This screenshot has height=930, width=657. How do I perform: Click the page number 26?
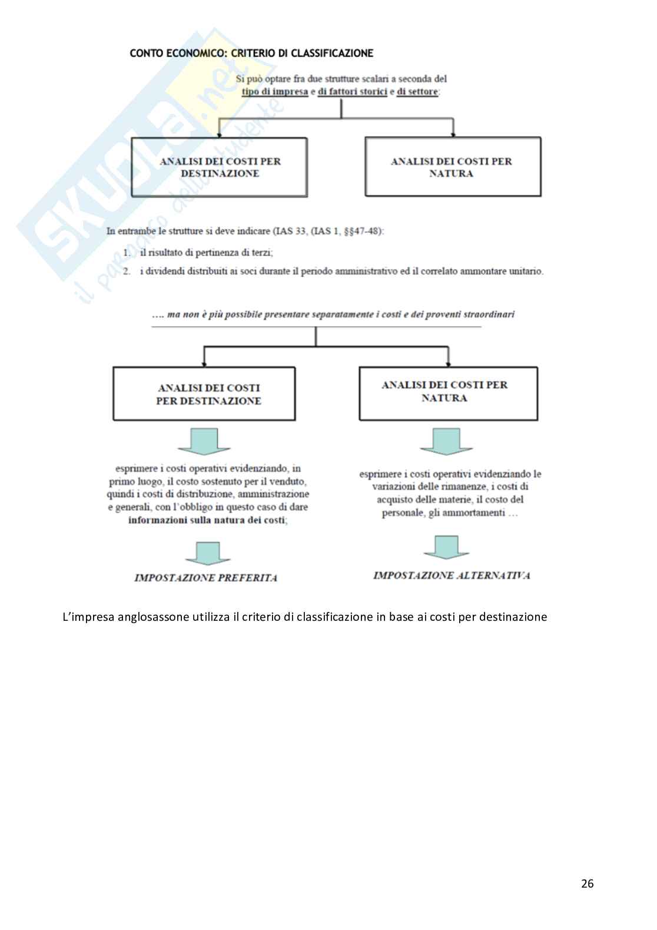click(x=587, y=883)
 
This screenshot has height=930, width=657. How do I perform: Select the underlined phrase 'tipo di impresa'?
click(x=275, y=92)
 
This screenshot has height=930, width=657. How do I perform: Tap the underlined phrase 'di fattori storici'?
click(x=351, y=92)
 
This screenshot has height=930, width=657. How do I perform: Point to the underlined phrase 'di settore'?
click(x=417, y=92)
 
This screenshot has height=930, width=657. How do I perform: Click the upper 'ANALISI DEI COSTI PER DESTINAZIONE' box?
click(x=219, y=167)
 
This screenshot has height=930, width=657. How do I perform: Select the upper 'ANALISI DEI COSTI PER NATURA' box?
click(x=452, y=167)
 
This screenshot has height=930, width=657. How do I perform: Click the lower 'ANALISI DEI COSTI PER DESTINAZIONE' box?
click(x=204, y=394)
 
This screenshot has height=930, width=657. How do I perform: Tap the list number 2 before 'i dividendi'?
click(x=127, y=272)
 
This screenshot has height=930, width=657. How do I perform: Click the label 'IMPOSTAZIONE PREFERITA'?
click(x=206, y=578)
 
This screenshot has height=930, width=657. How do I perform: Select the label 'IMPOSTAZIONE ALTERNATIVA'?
click(x=452, y=575)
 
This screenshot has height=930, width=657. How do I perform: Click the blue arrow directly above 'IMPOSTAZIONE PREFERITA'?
click(x=204, y=553)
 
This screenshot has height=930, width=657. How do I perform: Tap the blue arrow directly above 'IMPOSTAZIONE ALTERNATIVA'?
click(x=446, y=547)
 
